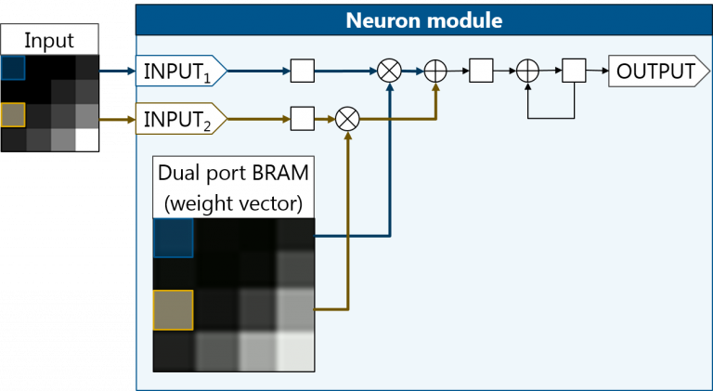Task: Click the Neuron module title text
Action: [x=424, y=20]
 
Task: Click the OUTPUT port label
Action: [x=652, y=71]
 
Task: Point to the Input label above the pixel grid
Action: [x=48, y=40]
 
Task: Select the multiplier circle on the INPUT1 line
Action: [x=389, y=71]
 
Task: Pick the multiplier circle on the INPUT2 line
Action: [x=347, y=119]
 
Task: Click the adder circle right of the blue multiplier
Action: [x=435, y=71]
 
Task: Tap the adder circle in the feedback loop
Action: [x=527, y=71]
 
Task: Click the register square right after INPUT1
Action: [x=303, y=71]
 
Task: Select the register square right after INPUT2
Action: [x=303, y=119]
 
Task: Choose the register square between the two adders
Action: [x=481, y=71]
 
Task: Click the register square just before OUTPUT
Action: [x=574, y=71]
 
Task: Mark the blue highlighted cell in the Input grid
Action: [x=13, y=69]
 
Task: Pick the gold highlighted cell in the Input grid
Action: [x=13, y=114]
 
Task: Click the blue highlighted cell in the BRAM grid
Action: [x=173, y=237]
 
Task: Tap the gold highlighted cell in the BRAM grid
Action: [x=173, y=309]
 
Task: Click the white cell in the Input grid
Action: [x=87, y=138]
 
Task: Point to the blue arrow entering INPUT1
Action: [x=116, y=70]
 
